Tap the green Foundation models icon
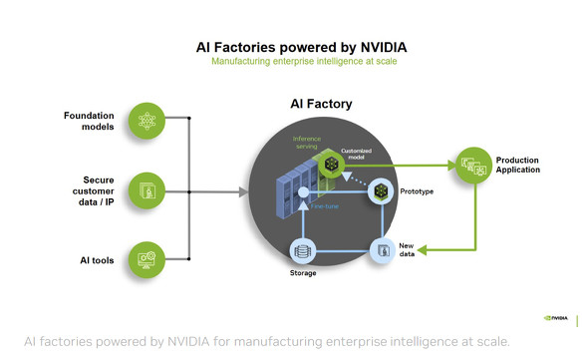(x=147, y=122)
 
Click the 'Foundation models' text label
(x=89, y=121)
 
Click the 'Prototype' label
(x=416, y=189)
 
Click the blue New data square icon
(x=383, y=250)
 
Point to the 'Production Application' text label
(x=518, y=165)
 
